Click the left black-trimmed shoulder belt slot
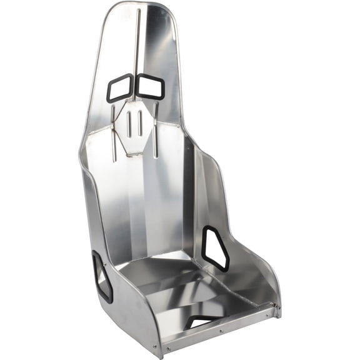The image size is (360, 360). [119, 87]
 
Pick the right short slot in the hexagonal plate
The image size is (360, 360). [141, 123]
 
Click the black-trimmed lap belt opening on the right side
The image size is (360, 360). [215, 248]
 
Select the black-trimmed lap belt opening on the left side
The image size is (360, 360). [102, 276]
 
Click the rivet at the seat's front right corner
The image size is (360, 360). [273, 306]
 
